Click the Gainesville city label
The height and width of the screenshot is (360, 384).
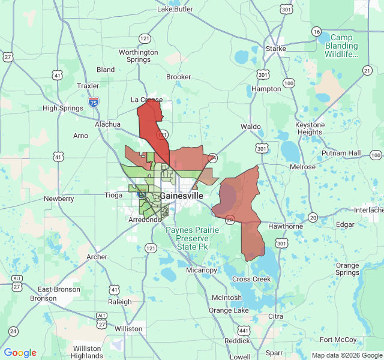(x=181, y=196)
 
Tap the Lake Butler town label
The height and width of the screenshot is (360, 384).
(x=175, y=9)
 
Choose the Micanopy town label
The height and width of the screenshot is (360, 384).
(x=201, y=270)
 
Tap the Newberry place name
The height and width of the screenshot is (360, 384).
(x=59, y=199)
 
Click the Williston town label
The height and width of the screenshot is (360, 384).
(x=128, y=329)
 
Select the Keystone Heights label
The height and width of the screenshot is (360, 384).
(x=310, y=128)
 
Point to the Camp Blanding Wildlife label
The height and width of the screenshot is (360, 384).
(x=341, y=46)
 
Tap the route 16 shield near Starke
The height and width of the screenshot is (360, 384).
(x=316, y=31)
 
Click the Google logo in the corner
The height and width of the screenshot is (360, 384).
(x=20, y=353)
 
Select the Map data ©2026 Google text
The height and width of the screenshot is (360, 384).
(x=347, y=355)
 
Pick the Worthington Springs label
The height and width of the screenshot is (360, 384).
(x=139, y=56)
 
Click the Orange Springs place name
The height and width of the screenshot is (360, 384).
(x=347, y=269)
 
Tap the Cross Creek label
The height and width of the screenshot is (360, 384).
(x=251, y=279)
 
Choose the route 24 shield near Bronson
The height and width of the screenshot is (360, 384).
(x=13, y=331)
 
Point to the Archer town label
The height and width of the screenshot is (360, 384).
(x=97, y=257)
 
